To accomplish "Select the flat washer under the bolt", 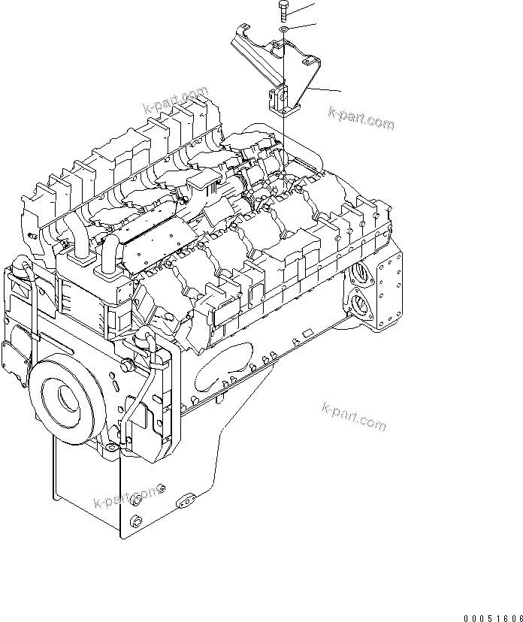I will pos(283,30).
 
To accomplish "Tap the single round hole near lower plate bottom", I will pos(135,522).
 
